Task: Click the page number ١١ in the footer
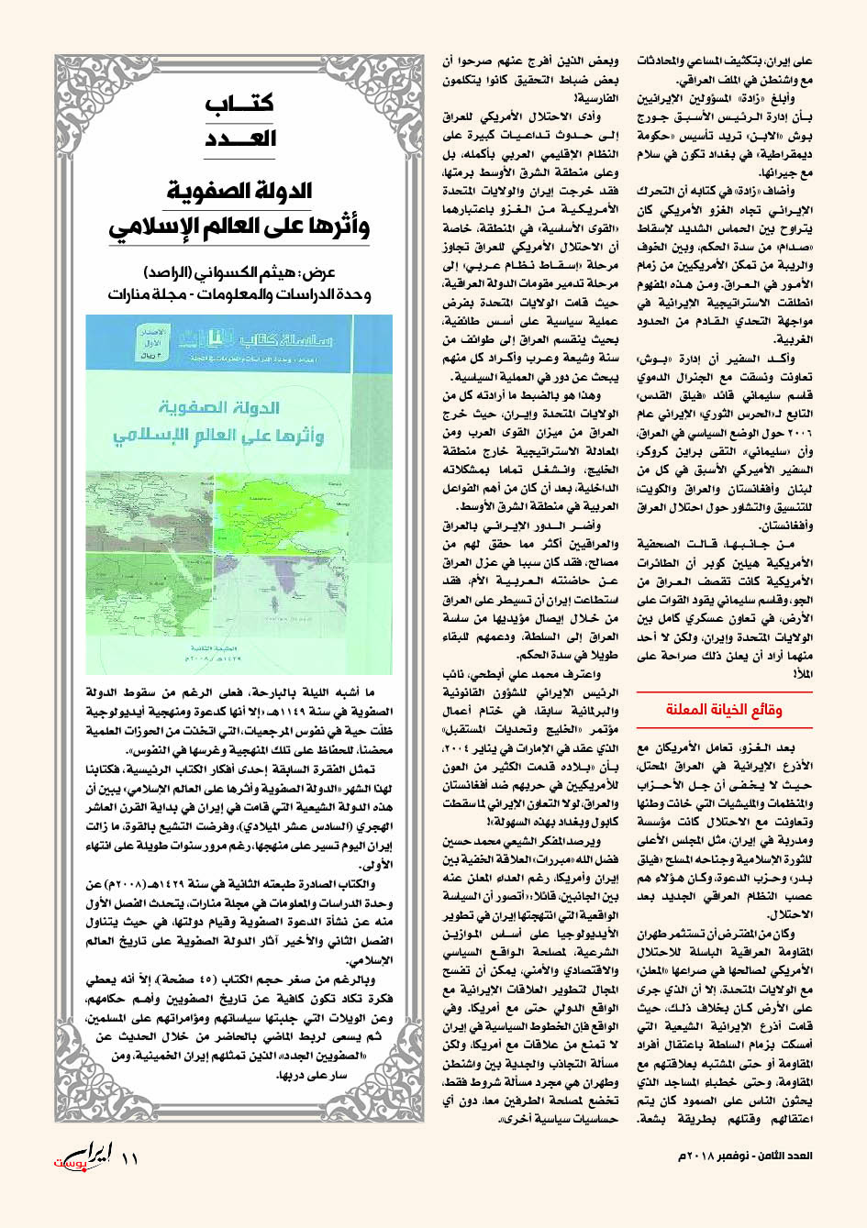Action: point(129,1157)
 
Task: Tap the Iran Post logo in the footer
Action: point(83,1157)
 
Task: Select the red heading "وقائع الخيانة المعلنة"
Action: point(724,710)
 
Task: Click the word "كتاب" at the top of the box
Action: point(239,103)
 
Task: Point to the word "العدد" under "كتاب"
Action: point(239,138)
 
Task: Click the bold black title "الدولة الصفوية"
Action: point(239,191)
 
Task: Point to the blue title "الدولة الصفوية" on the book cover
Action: point(218,406)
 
